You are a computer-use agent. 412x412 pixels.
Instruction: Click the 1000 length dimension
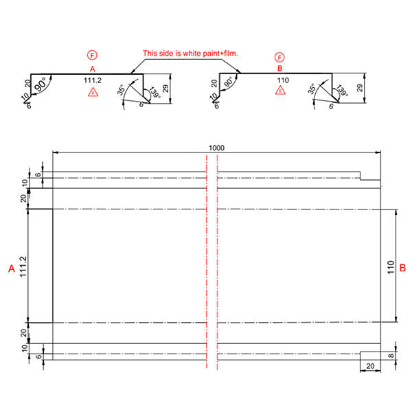coord(218,148)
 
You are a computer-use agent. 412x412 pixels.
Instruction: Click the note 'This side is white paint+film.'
coord(190,53)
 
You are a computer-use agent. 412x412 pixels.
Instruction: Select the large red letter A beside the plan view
coord(11,269)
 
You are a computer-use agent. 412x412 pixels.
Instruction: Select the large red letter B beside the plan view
coord(403,266)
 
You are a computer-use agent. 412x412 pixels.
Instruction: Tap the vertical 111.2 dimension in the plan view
coord(23,266)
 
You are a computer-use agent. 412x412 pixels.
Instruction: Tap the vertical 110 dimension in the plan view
coord(389,266)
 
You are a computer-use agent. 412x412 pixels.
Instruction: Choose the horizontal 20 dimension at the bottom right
coord(370,368)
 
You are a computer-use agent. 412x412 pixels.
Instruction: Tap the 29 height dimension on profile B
coord(359,89)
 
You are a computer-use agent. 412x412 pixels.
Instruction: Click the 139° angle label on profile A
coord(152,94)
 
